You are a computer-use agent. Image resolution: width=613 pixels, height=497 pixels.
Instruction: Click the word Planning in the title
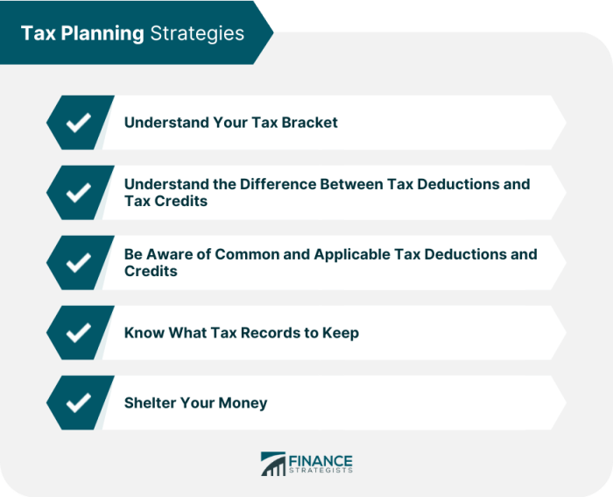click(x=102, y=33)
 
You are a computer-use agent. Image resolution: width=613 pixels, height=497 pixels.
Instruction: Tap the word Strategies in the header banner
click(x=197, y=33)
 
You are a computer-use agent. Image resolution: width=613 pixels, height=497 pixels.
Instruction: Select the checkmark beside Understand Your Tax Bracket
click(x=79, y=123)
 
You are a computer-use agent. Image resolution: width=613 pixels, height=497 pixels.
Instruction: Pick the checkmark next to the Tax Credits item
click(x=79, y=193)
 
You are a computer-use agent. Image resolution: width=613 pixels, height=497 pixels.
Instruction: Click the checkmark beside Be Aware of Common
click(x=79, y=263)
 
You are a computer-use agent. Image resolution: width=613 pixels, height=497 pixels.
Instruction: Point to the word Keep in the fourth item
click(x=341, y=333)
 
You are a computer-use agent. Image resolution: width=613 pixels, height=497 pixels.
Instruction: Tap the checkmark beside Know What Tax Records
click(x=79, y=332)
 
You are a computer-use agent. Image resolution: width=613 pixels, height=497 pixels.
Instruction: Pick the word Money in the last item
click(x=243, y=403)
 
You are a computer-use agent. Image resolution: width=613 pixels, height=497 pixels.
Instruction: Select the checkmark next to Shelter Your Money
click(x=79, y=402)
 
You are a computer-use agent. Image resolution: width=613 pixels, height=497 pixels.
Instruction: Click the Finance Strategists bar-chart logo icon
click(x=273, y=464)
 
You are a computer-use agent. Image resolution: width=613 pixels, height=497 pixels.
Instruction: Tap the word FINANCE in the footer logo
click(x=321, y=460)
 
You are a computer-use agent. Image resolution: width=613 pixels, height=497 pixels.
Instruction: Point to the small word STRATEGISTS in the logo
click(x=321, y=471)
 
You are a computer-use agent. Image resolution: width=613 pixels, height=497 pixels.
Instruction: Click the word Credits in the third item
click(x=151, y=271)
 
